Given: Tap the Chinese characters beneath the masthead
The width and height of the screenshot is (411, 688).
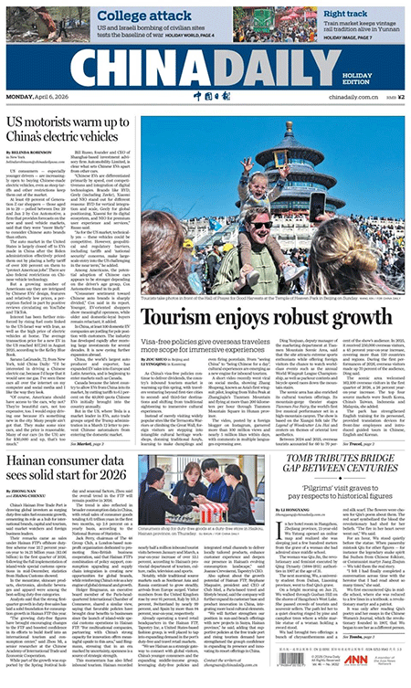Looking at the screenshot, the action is point(204,96).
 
